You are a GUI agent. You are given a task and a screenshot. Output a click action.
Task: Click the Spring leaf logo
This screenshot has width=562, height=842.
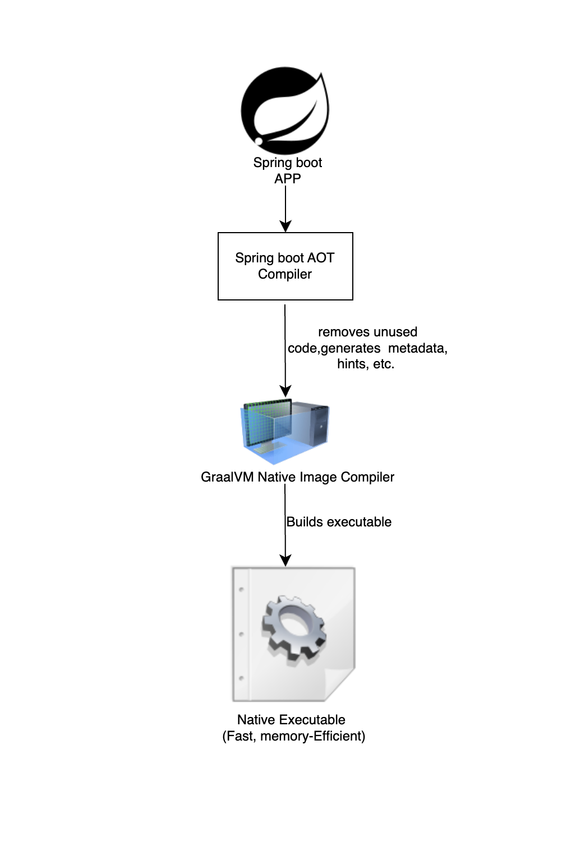(x=285, y=110)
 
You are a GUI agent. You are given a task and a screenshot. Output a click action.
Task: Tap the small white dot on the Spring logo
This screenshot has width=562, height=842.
(x=259, y=141)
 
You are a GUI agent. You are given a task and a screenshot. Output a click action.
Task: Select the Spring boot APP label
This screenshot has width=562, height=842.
(x=287, y=170)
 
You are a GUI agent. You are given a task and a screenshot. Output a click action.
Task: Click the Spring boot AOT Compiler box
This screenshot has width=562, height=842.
(x=285, y=266)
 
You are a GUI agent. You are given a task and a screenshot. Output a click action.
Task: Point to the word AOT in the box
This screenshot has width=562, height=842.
(x=320, y=258)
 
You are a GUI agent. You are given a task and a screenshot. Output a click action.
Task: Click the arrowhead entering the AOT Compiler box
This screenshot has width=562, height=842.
(x=285, y=226)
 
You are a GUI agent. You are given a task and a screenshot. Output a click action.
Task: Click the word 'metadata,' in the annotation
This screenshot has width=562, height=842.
(x=417, y=348)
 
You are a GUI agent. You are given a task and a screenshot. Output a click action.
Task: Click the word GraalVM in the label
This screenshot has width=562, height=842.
(x=227, y=477)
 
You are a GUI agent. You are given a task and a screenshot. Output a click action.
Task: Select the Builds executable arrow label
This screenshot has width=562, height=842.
(x=339, y=522)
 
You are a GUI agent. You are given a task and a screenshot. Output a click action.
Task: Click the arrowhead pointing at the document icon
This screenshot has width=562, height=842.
(x=285, y=560)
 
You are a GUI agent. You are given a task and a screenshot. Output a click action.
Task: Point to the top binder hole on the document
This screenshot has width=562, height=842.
(x=242, y=589)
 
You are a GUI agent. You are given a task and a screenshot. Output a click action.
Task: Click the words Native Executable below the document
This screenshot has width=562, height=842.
(x=291, y=719)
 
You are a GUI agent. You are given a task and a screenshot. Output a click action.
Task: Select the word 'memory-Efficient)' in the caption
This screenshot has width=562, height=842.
(x=312, y=736)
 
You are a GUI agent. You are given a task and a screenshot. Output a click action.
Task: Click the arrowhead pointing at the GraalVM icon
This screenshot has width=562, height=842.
(x=285, y=391)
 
